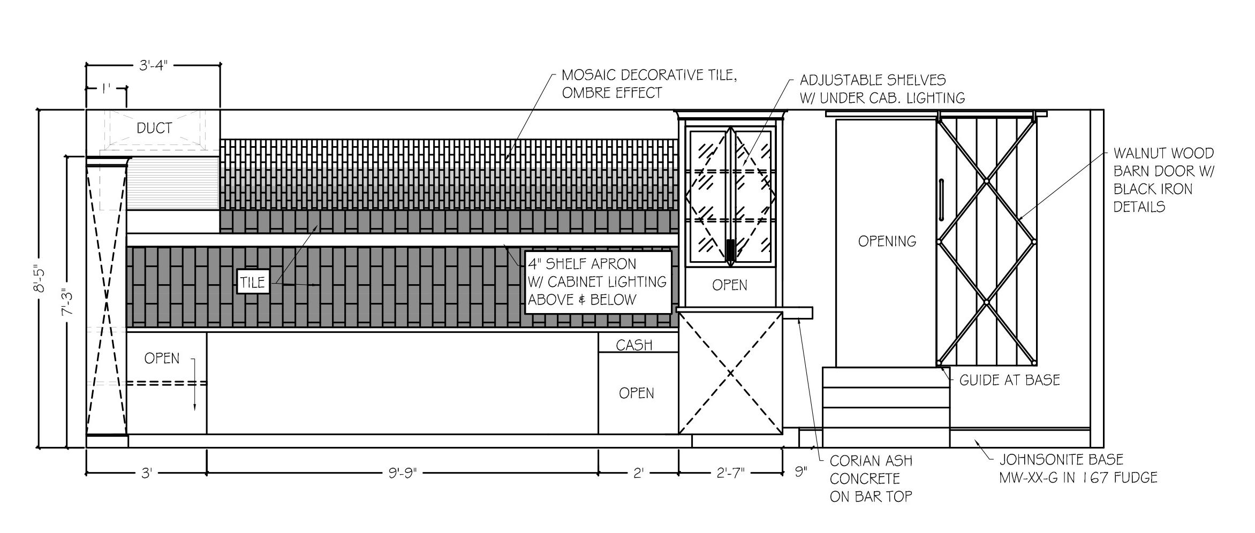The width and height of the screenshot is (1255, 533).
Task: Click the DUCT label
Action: pyautogui.click(x=154, y=128)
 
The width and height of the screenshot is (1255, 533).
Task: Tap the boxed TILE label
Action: pyautogui.click(x=253, y=282)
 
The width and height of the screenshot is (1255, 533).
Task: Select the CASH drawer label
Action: pyautogui.click(x=634, y=345)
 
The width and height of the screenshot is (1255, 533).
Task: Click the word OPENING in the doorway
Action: pyautogui.click(x=887, y=241)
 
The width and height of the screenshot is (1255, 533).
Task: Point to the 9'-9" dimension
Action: pyautogui.click(x=402, y=474)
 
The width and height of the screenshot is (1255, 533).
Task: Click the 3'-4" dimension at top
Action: pyautogui.click(x=154, y=65)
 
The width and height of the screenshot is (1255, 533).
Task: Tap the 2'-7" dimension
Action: pyautogui.click(x=730, y=474)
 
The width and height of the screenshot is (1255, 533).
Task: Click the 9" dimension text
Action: pyautogui.click(x=800, y=472)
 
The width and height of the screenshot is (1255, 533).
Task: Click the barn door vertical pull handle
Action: pyautogui.click(x=942, y=200)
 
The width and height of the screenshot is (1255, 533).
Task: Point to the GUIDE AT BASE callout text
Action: pyautogui.click(x=1009, y=380)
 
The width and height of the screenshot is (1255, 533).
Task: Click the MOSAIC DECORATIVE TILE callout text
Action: pyautogui.click(x=649, y=84)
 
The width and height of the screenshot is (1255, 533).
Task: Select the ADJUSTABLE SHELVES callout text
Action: pyautogui.click(x=882, y=89)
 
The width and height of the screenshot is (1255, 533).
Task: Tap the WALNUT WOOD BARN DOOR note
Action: pyautogui.click(x=1163, y=180)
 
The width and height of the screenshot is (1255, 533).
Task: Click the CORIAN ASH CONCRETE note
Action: pyautogui.click(x=871, y=478)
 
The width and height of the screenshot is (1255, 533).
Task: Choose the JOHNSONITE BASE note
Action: pyautogui.click(x=1077, y=468)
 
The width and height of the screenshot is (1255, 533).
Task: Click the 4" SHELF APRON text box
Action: pyautogui.click(x=597, y=282)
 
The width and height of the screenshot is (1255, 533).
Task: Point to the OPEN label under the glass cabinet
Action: pyautogui.click(x=729, y=285)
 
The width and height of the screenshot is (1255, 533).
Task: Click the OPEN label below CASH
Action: pyautogui.click(x=636, y=393)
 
